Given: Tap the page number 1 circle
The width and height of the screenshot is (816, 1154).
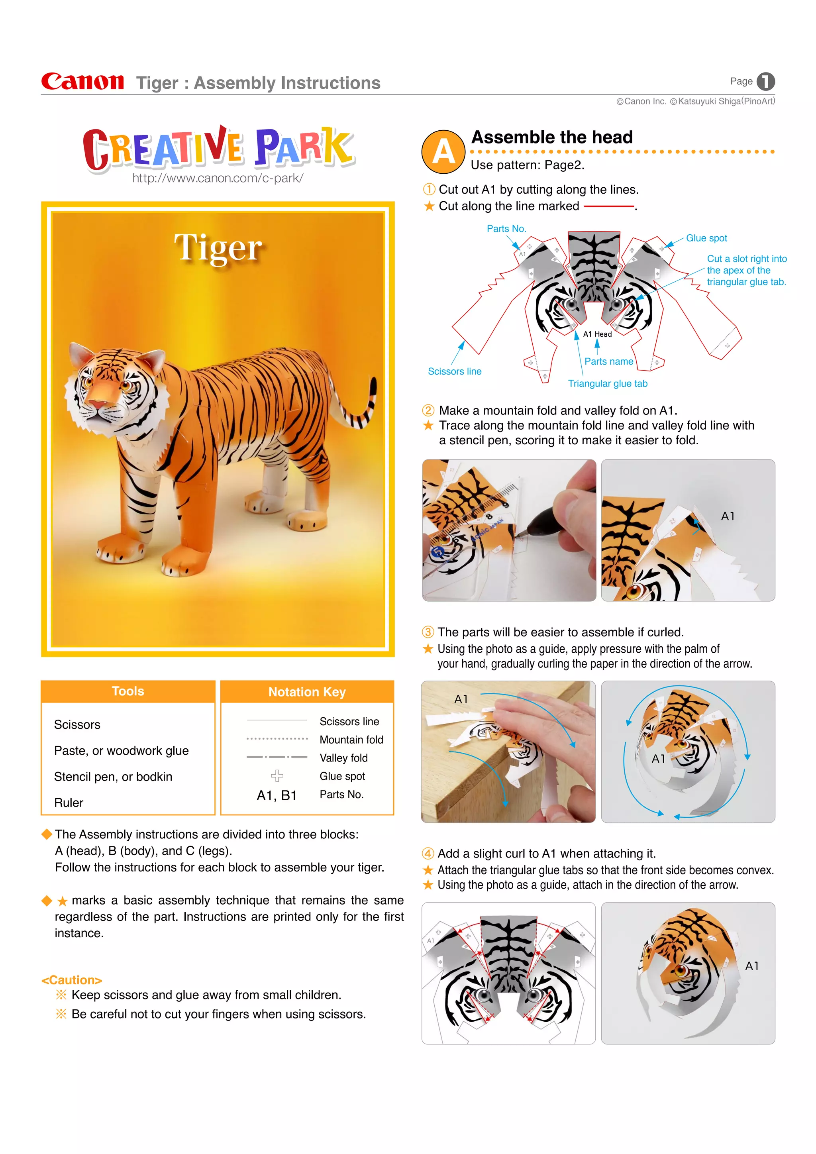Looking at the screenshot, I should (765, 81).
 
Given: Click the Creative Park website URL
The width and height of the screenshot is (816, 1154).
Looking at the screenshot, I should (218, 178).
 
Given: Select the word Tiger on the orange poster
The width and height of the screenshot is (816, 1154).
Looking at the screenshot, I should (218, 247).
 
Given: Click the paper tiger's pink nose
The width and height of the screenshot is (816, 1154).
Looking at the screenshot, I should (96, 405).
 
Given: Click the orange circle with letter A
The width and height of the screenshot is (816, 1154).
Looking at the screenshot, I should (443, 152).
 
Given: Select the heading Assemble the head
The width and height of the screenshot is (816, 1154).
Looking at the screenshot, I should (552, 137).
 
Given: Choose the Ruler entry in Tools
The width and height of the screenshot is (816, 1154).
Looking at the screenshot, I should (69, 803).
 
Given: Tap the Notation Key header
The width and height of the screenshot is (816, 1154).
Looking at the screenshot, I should (307, 692).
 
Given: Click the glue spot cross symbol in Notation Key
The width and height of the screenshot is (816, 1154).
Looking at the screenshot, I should (277, 775).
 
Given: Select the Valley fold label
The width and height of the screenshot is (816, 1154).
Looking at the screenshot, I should (344, 758).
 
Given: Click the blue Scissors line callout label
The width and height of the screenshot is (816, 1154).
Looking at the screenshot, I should (454, 371).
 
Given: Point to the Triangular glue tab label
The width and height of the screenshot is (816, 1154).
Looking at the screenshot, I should (608, 383).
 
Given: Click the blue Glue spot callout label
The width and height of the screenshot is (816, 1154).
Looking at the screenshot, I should (706, 238).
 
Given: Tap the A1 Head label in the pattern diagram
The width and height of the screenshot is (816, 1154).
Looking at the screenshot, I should (597, 334).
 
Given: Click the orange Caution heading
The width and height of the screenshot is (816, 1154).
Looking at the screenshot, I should (72, 980).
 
